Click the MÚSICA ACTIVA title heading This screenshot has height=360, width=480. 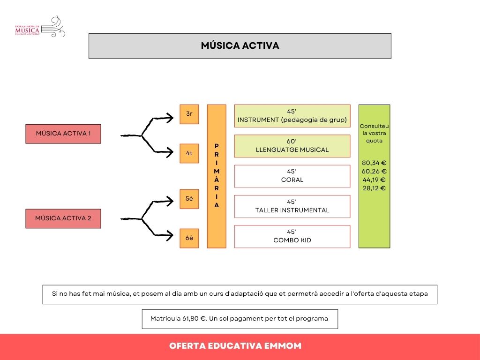click(x=240, y=45)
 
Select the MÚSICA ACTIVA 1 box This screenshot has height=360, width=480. click(x=63, y=133)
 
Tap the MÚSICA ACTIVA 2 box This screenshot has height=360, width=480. click(x=63, y=218)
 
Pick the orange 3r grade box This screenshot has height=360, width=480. click(x=189, y=114)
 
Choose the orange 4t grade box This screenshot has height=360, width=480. click(x=189, y=153)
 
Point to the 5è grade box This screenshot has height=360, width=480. click(x=189, y=199)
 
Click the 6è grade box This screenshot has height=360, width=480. click(x=189, y=238)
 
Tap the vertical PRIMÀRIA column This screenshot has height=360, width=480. click(x=217, y=176)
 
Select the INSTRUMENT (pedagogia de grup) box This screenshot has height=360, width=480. click(x=292, y=116)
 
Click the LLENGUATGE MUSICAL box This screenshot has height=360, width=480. click(x=292, y=146)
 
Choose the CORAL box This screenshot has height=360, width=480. click(x=292, y=176)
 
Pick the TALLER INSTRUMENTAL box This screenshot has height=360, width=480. click(x=292, y=206)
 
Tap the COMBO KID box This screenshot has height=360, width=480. click(x=292, y=236)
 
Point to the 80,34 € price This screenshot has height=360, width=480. click(x=374, y=163)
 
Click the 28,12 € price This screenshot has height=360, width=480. click(x=374, y=188)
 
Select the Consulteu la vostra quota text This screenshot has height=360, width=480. click(x=374, y=133)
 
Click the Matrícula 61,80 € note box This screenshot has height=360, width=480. click(x=240, y=319)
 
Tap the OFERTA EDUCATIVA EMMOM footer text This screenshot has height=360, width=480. click(x=235, y=346)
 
